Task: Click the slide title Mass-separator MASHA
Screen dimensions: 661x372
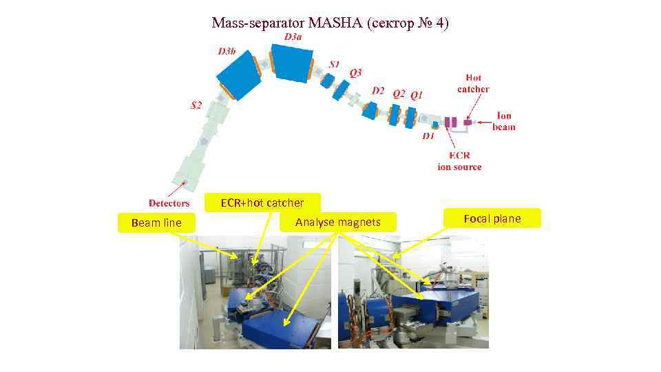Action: [x=330, y=23]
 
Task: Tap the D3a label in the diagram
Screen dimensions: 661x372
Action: [x=293, y=37]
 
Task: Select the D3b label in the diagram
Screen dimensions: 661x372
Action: [x=227, y=51]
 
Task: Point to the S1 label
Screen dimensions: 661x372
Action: [x=334, y=64]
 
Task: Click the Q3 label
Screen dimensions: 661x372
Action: [x=355, y=72]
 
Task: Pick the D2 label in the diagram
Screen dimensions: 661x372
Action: [x=378, y=91]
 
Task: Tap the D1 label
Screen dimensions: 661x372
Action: [x=428, y=136]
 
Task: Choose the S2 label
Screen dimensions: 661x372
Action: [x=196, y=105]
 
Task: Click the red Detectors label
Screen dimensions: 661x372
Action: [x=169, y=203]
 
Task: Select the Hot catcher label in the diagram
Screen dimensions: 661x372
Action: [x=473, y=83]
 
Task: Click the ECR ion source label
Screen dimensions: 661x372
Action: [x=459, y=161]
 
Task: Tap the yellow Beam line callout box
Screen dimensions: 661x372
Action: [x=156, y=223]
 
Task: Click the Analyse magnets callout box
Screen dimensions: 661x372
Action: [x=337, y=222]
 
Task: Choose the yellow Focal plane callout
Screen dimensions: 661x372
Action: [x=492, y=219]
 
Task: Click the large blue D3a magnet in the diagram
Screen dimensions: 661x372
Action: [x=292, y=61]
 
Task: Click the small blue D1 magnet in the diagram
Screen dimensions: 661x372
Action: [x=435, y=125]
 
